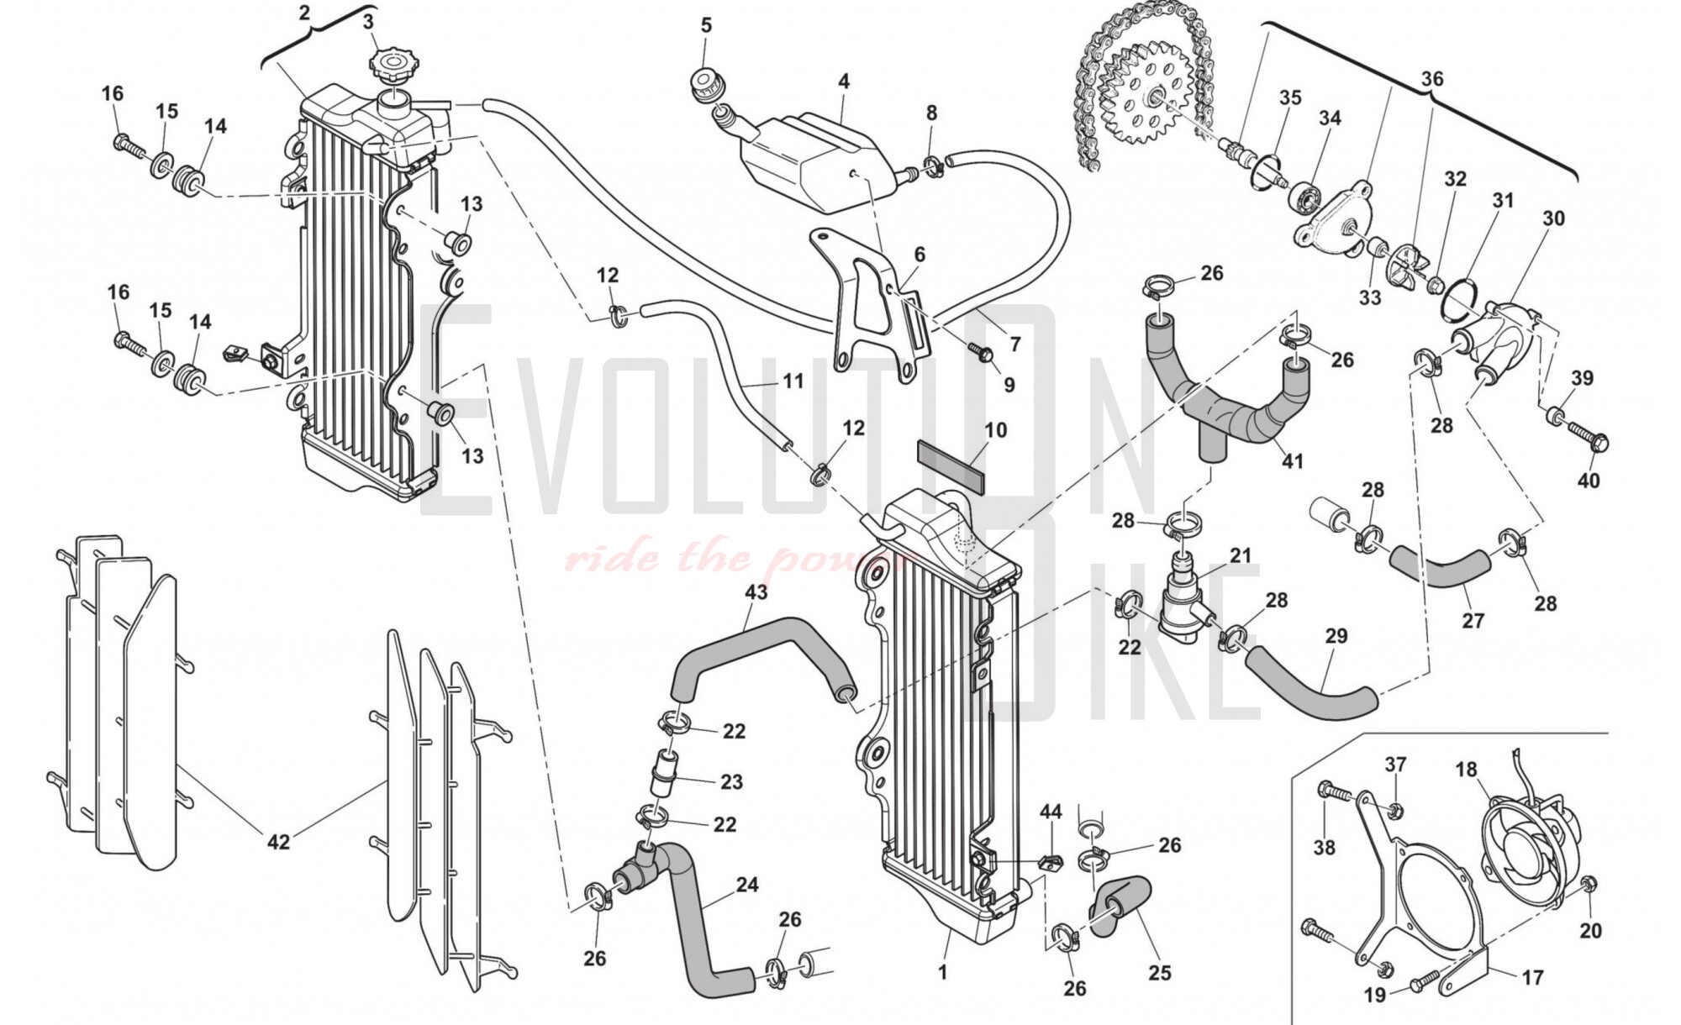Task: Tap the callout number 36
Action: tap(1432, 79)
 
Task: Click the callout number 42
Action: tap(278, 841)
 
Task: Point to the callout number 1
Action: tap(943, 972)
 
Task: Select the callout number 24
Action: tap(747, 885)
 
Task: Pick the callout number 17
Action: tap(1532, 978)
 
